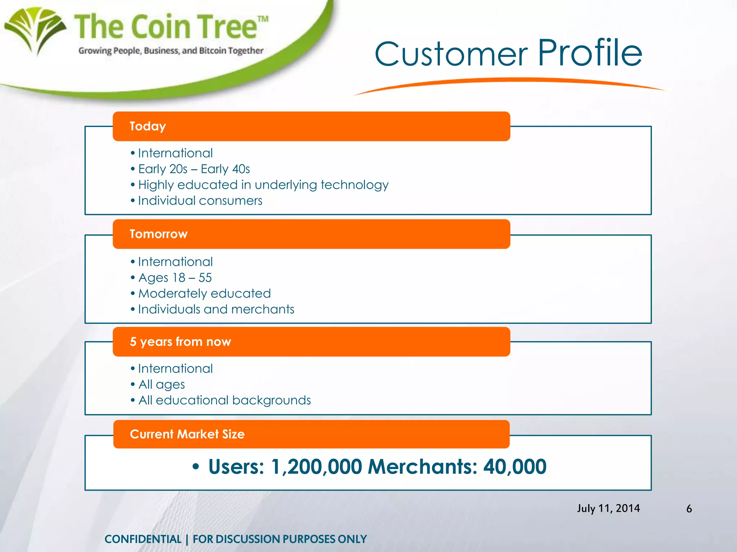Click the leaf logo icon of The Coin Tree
coord(35,30)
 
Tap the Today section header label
coord(148,126)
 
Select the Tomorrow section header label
coord(158,234)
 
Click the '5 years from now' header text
coord(180,341)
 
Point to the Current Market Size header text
coord(187,434)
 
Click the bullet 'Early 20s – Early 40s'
coord(194,169)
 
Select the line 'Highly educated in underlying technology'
coord(263,185)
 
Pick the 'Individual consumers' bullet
coord(200,201)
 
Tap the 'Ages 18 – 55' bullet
coord(175,277)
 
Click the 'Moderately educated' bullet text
coord(204,293)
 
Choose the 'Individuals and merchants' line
coord(216,309)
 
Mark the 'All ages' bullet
coord(162,385)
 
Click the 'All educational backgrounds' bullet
coord(225,400)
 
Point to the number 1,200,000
coord(316,467)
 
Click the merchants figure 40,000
coord(515,467)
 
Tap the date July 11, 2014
coord(609,508)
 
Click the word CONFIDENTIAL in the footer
coord(143,539)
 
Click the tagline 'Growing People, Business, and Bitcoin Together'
coord(171,51)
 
